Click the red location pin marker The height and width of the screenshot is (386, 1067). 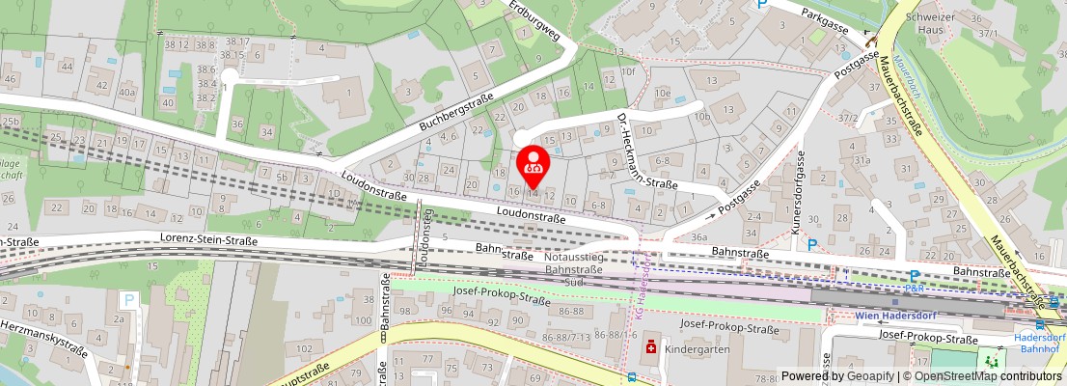point(533,164)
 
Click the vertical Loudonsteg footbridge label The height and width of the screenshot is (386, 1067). point(424,234)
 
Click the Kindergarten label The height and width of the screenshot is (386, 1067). point(698,348)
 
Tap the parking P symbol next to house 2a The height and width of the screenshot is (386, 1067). point(128,300)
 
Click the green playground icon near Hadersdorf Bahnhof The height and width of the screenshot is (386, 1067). point(993,360)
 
